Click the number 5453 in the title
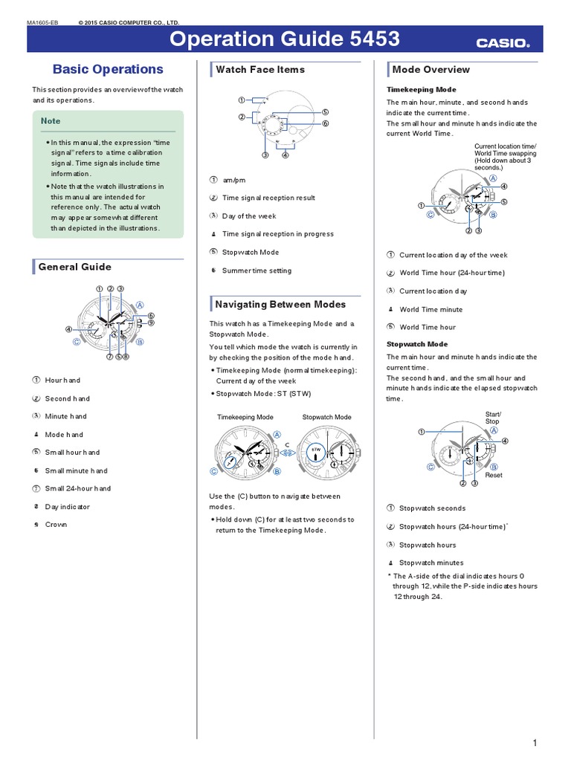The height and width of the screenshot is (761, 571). pyautogui.click(x=368, y=39)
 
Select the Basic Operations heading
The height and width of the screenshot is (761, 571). pyautogui.click(x=108, y=69)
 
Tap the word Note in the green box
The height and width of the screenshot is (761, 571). pyautogui.click(x=51, y=120)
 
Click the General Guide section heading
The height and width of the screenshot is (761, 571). pyautogui.click(x=74, y=267)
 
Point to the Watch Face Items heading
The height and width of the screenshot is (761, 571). pyautogui.click(x=259, y=69)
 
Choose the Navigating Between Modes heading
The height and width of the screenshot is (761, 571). pyautogui.click(x=280, y=304)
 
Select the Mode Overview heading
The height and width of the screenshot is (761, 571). pyautogui.click(x=430, y=69)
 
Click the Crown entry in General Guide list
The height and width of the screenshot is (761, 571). pyautogui.click(x=56, y=525)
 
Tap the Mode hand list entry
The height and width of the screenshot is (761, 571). pyautogui.click(x=64, y=435)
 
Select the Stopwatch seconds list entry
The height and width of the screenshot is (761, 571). pyautogui.click(x=432, y=508)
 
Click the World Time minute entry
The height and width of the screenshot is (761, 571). pyautogui.click(x=430, y=309)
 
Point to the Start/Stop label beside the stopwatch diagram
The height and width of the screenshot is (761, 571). pyautogui.click(x=493, y=418)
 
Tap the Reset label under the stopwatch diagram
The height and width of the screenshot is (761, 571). pyautogui.click(x=494, y=475)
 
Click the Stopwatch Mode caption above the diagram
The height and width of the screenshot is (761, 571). pyautogui.click(x=326, y=417)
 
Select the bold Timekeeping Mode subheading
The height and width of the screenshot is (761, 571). pyautogui.click(x=421, y=89)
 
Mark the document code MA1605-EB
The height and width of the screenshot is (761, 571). pyautogui.click(x=42, y=23)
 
